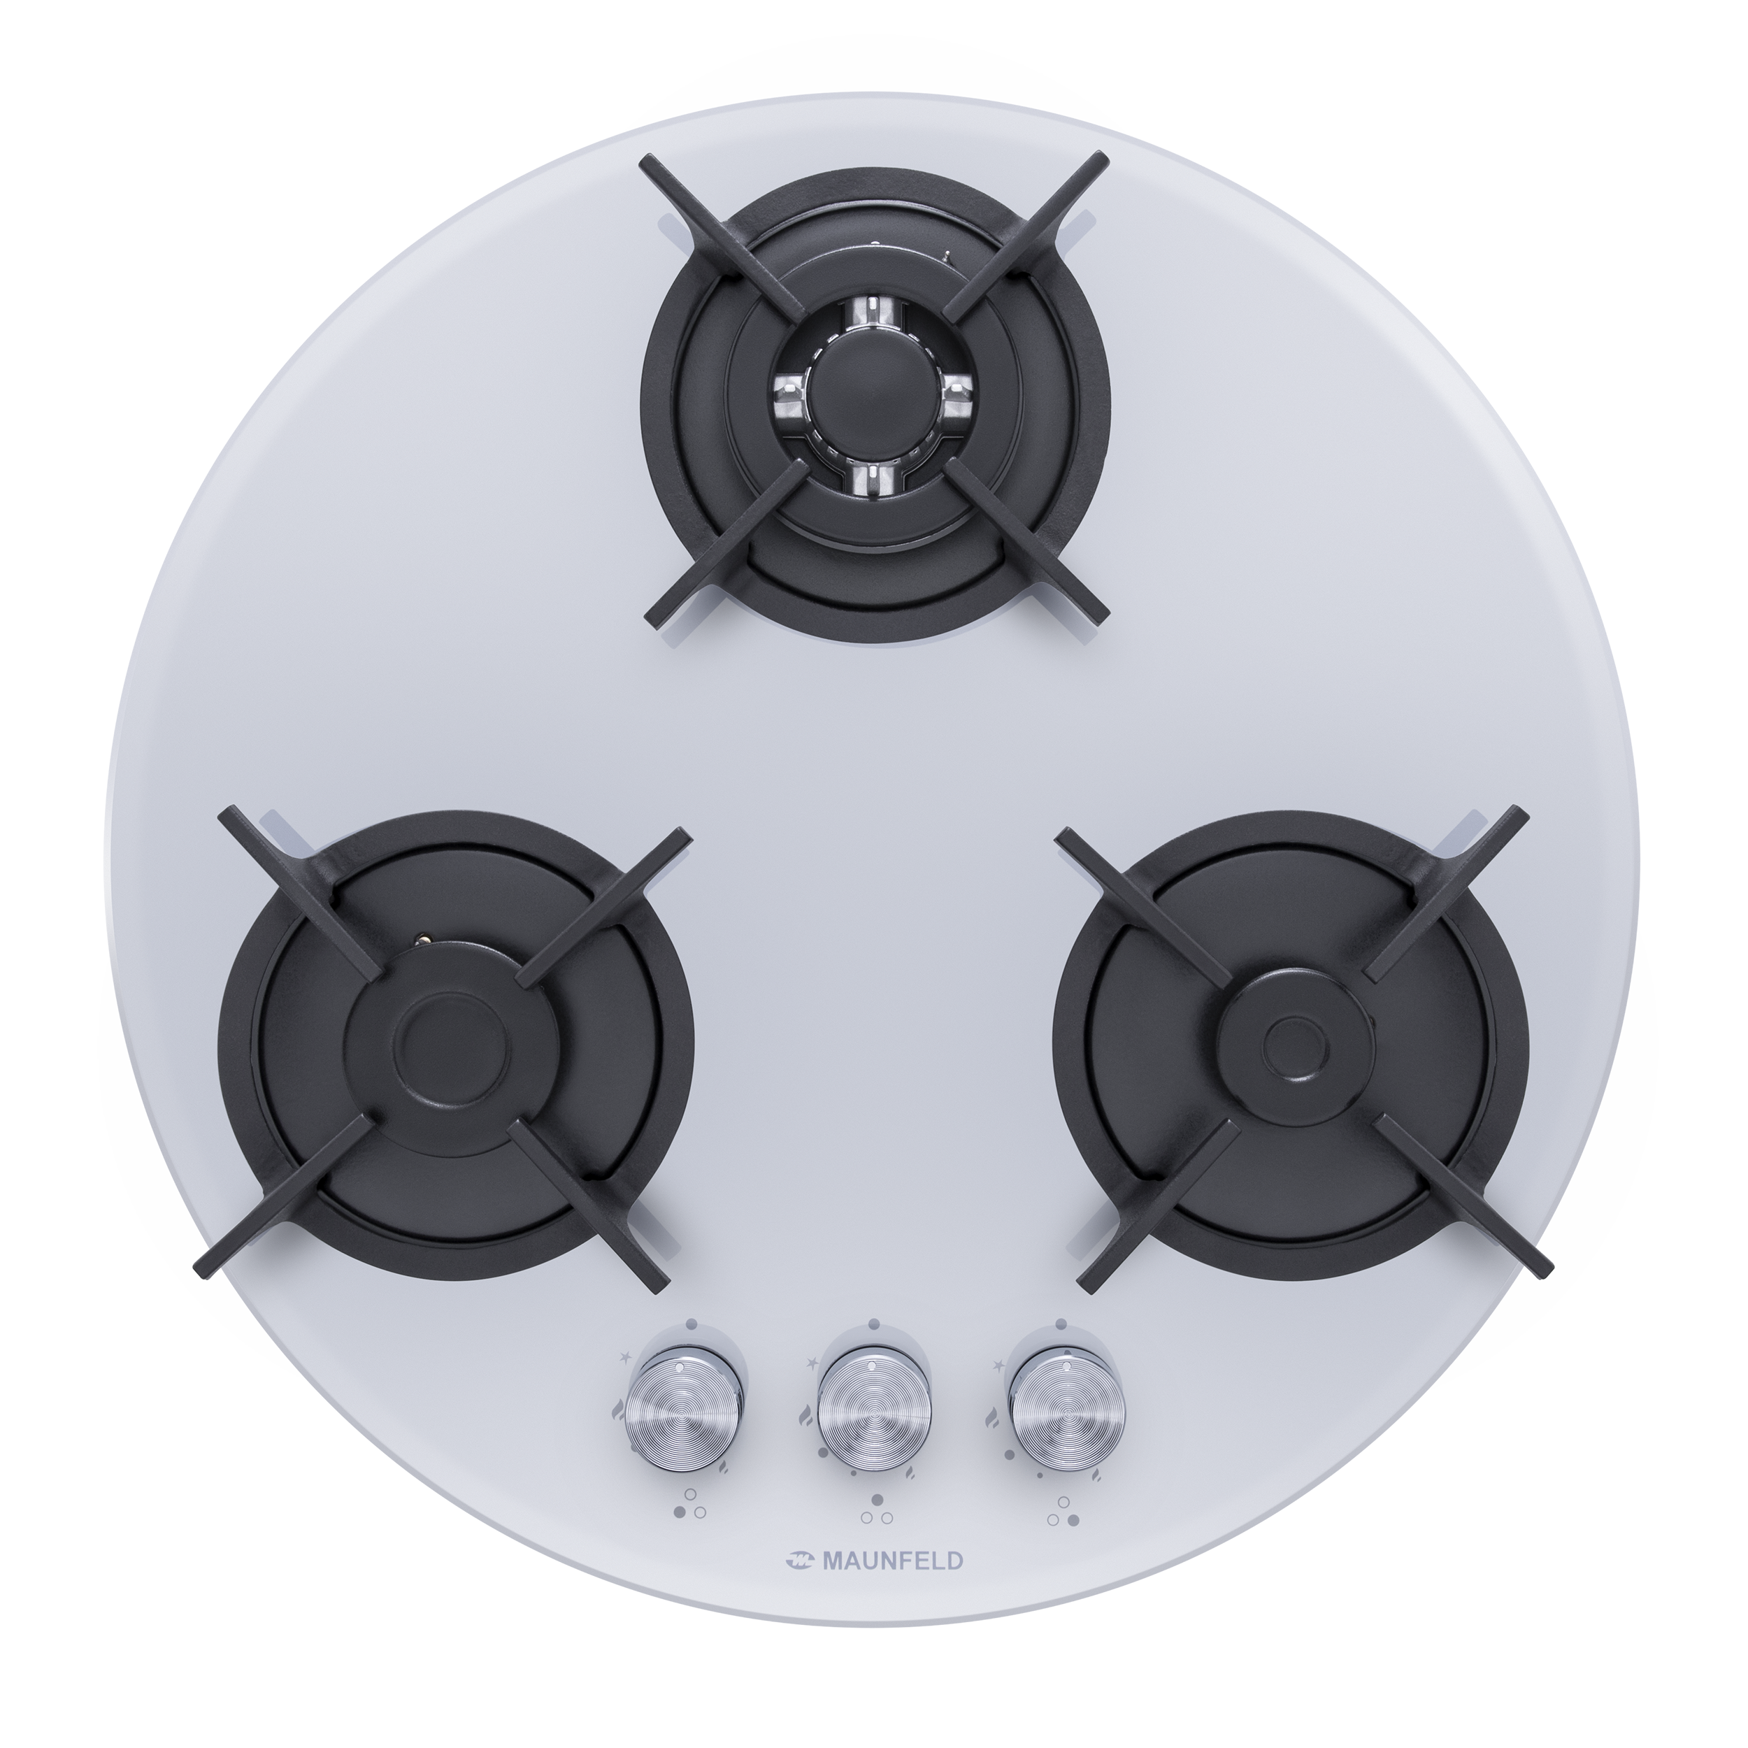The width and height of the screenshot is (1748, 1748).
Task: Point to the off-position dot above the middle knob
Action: (x=874, y=1324)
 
